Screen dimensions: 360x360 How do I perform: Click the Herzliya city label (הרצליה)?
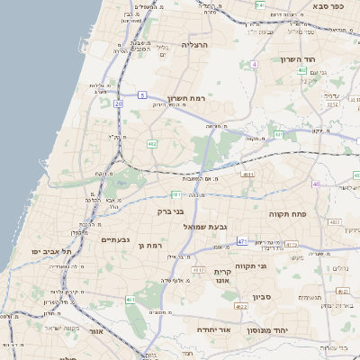click(194, 44)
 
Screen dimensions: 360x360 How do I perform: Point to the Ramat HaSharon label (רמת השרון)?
click(187, 98)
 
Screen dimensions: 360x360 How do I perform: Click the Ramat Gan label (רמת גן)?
click(157, 245)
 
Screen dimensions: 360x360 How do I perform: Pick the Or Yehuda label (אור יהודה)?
click(214, 329)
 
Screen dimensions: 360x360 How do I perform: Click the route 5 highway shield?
click(142, 94)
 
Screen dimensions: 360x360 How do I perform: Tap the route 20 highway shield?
click(118, 103)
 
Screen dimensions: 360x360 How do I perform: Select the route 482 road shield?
click(152, 143)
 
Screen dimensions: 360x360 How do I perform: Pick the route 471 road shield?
click(242, 241)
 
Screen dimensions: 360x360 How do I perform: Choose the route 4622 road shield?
click(240, 307)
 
